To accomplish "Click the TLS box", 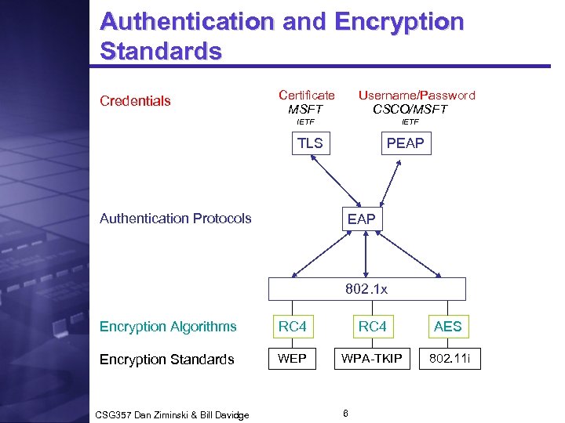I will [x=310, y=143].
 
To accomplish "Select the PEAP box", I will [x=405, y=143].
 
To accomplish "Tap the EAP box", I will [x=362, y=219].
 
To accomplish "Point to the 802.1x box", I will [x=366, y=289].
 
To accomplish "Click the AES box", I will [x=448, y=327].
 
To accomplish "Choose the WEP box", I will [x=293, y=359].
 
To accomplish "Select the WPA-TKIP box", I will [x=372, y=359].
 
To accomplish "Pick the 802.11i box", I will [x=452, y=359].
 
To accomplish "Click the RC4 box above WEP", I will [x=293, y=327].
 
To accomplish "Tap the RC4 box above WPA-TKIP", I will [x=372, y=327].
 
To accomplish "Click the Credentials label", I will [x=135, y=101].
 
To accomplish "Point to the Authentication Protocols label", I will [x=176, y=219].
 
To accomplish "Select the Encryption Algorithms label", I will [x=168, y=327].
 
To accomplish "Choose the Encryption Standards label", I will [x=166, y=360].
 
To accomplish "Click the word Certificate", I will [x=307, y=95].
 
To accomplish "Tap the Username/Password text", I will [x=417, y=95].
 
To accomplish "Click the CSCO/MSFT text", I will [x=410, y=109].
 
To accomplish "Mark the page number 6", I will [x=346, y=412].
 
